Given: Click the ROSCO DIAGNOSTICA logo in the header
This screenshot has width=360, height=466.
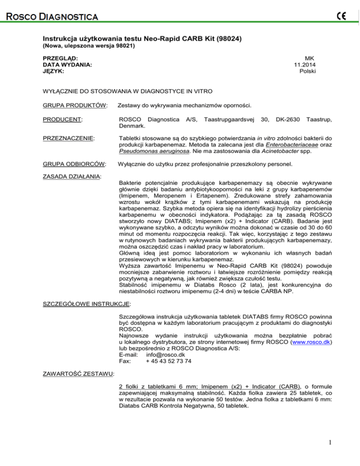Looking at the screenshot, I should tap(51, 17).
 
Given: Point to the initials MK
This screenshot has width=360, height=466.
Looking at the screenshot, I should tap(310, 57).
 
